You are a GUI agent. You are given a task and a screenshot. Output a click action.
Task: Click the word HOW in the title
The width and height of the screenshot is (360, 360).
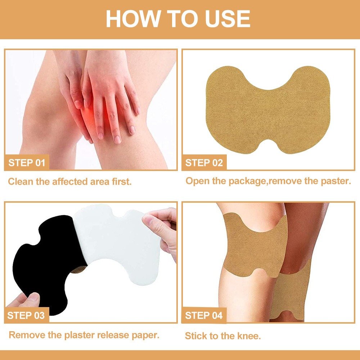tap(133, 19)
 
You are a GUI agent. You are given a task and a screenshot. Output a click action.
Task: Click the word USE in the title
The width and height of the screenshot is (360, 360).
tap(228, 19)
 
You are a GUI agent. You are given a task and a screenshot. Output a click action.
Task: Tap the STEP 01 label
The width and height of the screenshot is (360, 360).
tap(27, 163)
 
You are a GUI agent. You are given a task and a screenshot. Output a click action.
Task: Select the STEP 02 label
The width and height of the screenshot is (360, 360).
tap(204, 163)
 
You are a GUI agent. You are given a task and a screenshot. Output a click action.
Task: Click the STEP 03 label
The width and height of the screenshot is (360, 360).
tap(26, 315)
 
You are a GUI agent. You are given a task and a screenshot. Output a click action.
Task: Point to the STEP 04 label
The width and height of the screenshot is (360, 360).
tap(204, 315)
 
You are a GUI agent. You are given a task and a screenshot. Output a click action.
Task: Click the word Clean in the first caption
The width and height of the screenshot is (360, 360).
tap(21, 181)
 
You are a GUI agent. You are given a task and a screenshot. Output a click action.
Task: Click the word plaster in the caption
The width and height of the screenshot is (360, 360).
tap(79, 335)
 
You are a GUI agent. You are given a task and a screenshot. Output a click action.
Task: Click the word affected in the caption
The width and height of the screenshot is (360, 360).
tap(70, 181)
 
